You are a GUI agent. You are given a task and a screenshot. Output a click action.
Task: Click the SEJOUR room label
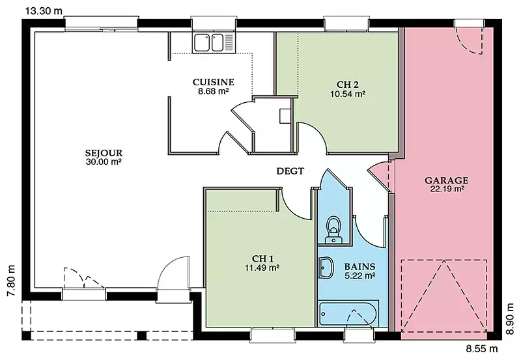pyautogui.click(x=104, y=153)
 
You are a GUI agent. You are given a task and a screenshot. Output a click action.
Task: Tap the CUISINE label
pyautogui.click(x=214, y=82)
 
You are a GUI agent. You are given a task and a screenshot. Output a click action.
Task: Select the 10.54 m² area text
pyautogui.click(x=348, y=94)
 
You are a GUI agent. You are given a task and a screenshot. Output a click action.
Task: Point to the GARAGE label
pyautogui.click(x=446, y=180)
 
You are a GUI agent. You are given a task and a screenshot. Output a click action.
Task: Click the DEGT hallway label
pyautogui.click(x=290, y=171)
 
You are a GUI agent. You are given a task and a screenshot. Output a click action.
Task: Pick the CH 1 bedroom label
pyautogui.click(x=262, y=258)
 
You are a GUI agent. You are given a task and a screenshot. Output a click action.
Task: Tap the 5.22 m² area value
pyautogui.click(x=360, y=275)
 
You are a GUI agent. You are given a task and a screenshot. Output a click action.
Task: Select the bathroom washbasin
pyautogui.click(x=326, y=267)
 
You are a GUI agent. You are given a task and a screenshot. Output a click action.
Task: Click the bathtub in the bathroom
pyautogui.click(x=348, y=314)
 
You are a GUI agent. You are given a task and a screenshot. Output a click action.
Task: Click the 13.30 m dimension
pyautogui.click(x=44, y=11)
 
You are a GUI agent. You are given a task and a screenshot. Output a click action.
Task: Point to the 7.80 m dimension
pyautogui.click(x=11, y=281)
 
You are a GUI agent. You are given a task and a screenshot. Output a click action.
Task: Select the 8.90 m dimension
pyautogui.click(x=510, y=318)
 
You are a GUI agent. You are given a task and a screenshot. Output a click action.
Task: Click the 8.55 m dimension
pyautogui.click(x=482, y=349)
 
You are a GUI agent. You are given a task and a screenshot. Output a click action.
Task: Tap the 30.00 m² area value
pyautogui.click(x=104, y=161)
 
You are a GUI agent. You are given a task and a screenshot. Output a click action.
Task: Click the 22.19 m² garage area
pyautogui.click(x=446, y=189)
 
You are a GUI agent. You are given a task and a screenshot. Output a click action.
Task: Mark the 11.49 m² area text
pyautogui.click(x=262, y=268)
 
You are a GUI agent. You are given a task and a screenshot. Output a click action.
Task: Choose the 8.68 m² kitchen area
pyautogui.click(x=214, y=91)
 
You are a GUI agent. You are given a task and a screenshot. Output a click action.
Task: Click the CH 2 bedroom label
pyautogui.click(x=348, y=85)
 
